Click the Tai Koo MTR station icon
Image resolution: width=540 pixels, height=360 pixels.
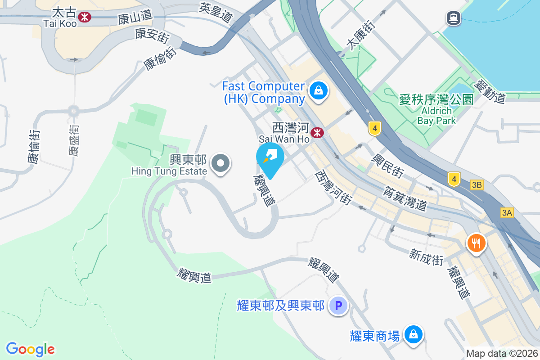pyautogui.click(x=84, y=17)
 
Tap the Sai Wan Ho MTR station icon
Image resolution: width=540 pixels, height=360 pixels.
pyautogui.click(x=318, y=133)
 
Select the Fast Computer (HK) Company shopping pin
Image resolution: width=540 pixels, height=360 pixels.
pyautogui.click(x=319, y=91)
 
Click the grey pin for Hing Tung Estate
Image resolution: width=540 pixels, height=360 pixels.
pyautogui.click(x=220, y=163)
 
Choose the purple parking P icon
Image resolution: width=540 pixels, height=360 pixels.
pyautogui.click(x=338, y=306)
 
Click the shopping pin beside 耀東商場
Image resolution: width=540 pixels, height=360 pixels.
pyautogui.click(x=412, y=335)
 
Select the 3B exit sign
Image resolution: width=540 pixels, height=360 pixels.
pyautogui.click(x=477, y=185)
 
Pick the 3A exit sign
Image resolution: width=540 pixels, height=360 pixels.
pyautogui.click(x=507, y=213)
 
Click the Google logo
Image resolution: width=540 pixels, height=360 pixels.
pyautogui.click(x=31, y=349)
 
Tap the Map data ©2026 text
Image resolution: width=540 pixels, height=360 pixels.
pyautogui.click(x=502, y=353)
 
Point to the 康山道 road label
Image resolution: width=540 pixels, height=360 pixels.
pyautogui.click(x=135, y=19)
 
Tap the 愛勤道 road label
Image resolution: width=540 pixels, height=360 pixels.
pyautogui.click(x=490, y=90)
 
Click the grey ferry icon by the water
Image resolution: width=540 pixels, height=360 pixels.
pyautogui.click(x=453, y=18)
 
